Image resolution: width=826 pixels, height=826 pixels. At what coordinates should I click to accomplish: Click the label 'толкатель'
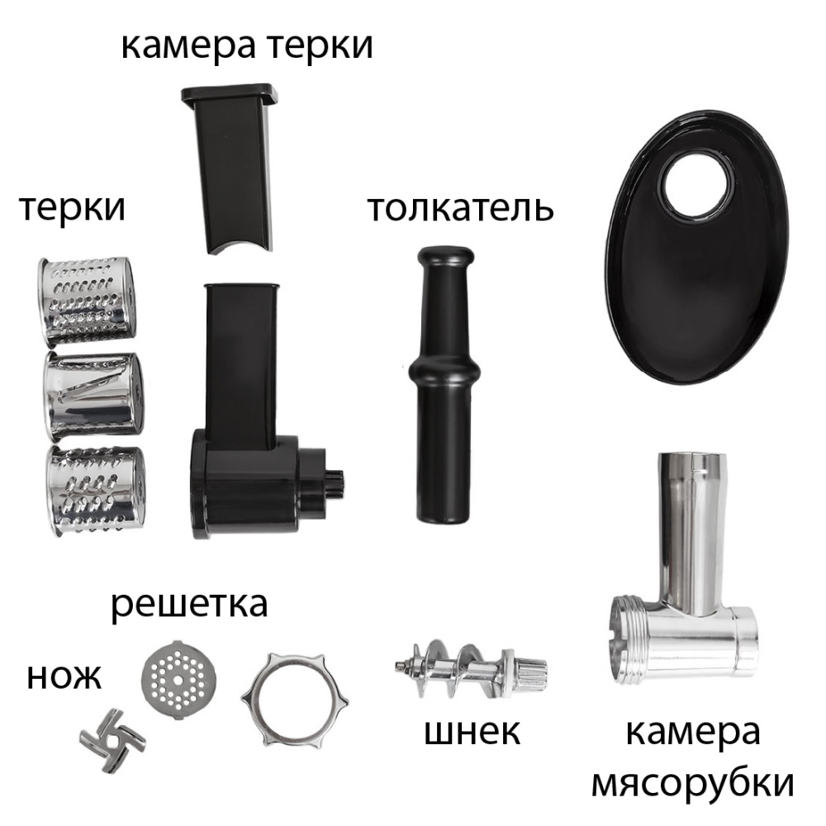[x=460, y=209]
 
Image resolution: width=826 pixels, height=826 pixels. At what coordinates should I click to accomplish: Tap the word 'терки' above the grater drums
[x=72, y=208]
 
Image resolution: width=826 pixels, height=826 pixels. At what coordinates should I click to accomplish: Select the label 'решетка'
[x=189, y=605]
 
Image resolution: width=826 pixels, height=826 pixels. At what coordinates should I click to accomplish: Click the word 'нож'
[x=64, y=677]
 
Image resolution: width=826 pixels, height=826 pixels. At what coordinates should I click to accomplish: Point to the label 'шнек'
[x=472, y=732]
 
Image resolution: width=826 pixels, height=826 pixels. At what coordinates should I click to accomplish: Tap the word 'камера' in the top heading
[x=188, y=45]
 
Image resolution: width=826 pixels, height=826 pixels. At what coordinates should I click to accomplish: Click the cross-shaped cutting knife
[x=112, y=740]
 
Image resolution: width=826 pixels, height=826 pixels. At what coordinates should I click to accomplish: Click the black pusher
[x=444, y=384]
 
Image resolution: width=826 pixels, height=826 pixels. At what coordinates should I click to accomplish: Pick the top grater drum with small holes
[x=86, y=301]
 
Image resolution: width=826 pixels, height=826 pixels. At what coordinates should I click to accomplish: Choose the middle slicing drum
[x=93, y=396]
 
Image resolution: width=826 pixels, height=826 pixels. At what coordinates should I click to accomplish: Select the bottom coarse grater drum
[x=95, y=490]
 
